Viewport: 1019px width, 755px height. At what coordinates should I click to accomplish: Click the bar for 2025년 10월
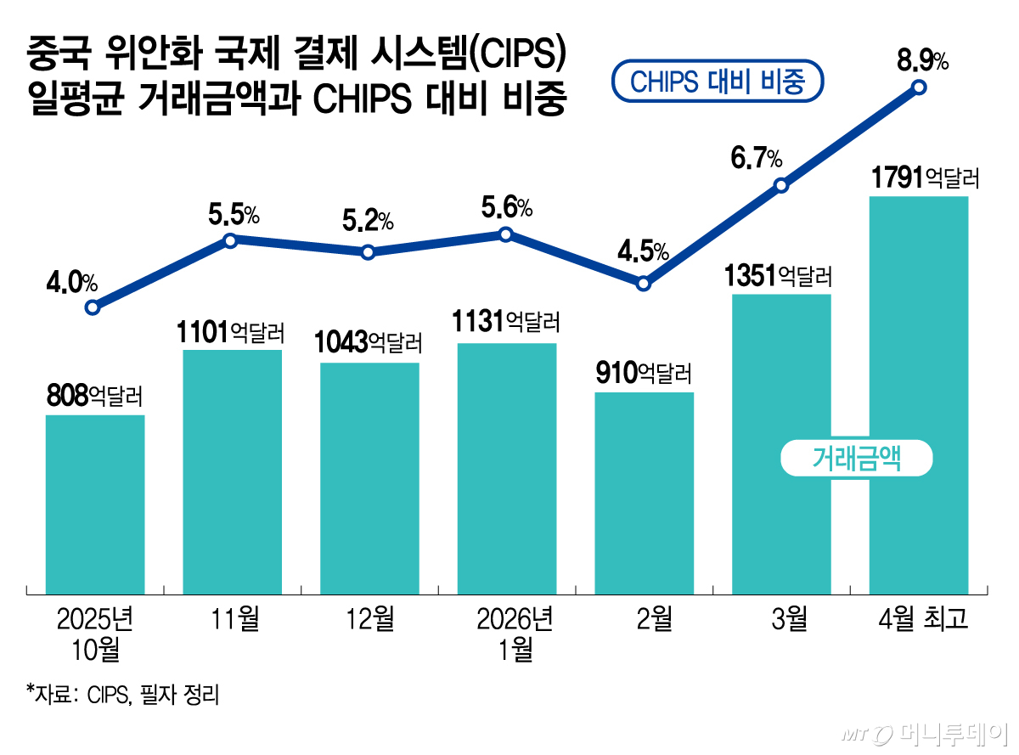point(94,504)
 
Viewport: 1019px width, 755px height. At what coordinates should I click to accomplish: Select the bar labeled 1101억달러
point(232,471)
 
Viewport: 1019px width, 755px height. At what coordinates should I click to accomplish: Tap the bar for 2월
point(644,493)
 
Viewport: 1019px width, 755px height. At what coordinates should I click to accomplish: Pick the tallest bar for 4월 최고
point(919,395)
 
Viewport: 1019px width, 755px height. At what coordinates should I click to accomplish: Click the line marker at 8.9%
point(919,87)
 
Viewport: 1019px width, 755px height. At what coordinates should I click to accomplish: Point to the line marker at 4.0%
point(93,307)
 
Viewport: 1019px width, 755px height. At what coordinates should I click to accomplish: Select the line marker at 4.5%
point(644,284)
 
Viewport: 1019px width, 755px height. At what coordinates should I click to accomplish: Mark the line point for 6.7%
point(781,185)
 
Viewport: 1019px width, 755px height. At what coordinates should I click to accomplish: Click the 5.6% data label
point(506,206)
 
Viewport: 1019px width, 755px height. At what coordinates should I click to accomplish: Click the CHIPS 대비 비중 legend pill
point(717,82)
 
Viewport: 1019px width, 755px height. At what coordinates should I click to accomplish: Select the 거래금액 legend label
point(856,459)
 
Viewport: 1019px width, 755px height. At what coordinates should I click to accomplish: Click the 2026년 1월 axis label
point(506,634)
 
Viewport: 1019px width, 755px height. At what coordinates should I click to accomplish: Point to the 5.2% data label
point(368,222)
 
